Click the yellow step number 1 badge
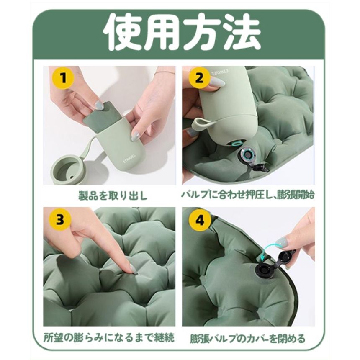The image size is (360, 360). pos(63,78)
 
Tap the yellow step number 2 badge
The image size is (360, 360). pos(199,78)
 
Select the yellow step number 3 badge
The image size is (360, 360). pos(60,219)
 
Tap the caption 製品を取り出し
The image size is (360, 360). pos(113,196)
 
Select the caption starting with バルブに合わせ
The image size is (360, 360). pos(248,195)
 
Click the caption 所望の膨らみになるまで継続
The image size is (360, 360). pos(109,337)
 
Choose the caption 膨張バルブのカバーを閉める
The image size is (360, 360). pos(248,338)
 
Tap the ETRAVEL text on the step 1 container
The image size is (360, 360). pos(130,158)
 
